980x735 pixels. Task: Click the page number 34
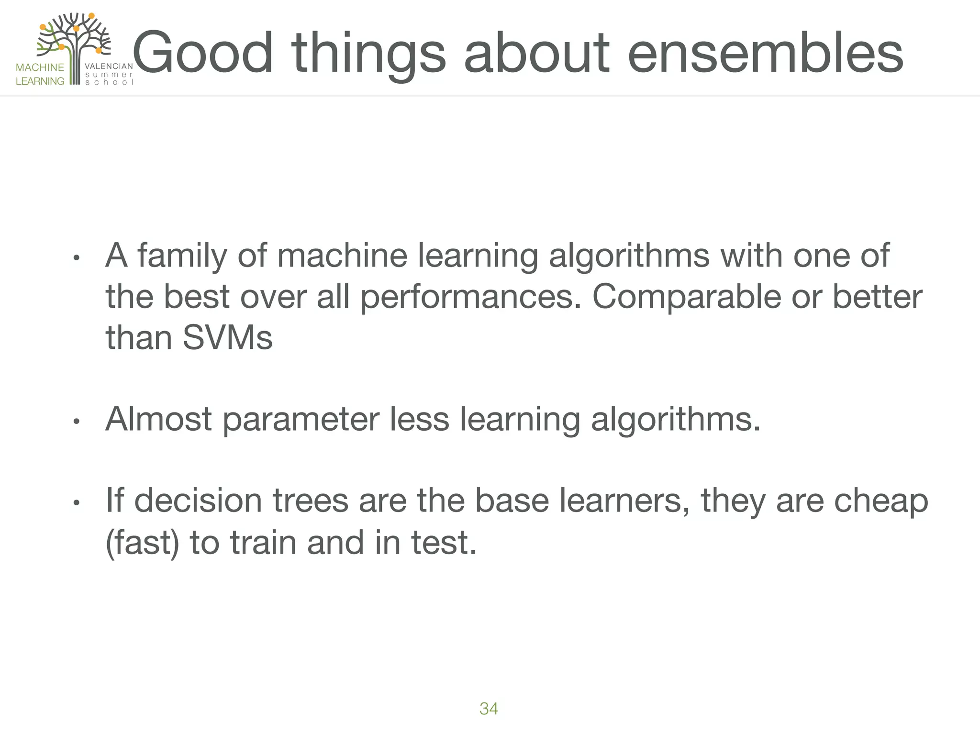489,709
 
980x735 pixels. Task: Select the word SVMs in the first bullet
227,337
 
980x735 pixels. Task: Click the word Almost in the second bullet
158,419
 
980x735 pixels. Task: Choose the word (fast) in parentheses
142,543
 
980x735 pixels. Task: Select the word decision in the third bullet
198,501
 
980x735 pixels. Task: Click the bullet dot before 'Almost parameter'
76,422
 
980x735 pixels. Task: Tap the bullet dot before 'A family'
76,258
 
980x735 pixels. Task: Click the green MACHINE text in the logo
40,67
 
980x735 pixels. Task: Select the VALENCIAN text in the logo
109,67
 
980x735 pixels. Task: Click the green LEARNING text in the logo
40,81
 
